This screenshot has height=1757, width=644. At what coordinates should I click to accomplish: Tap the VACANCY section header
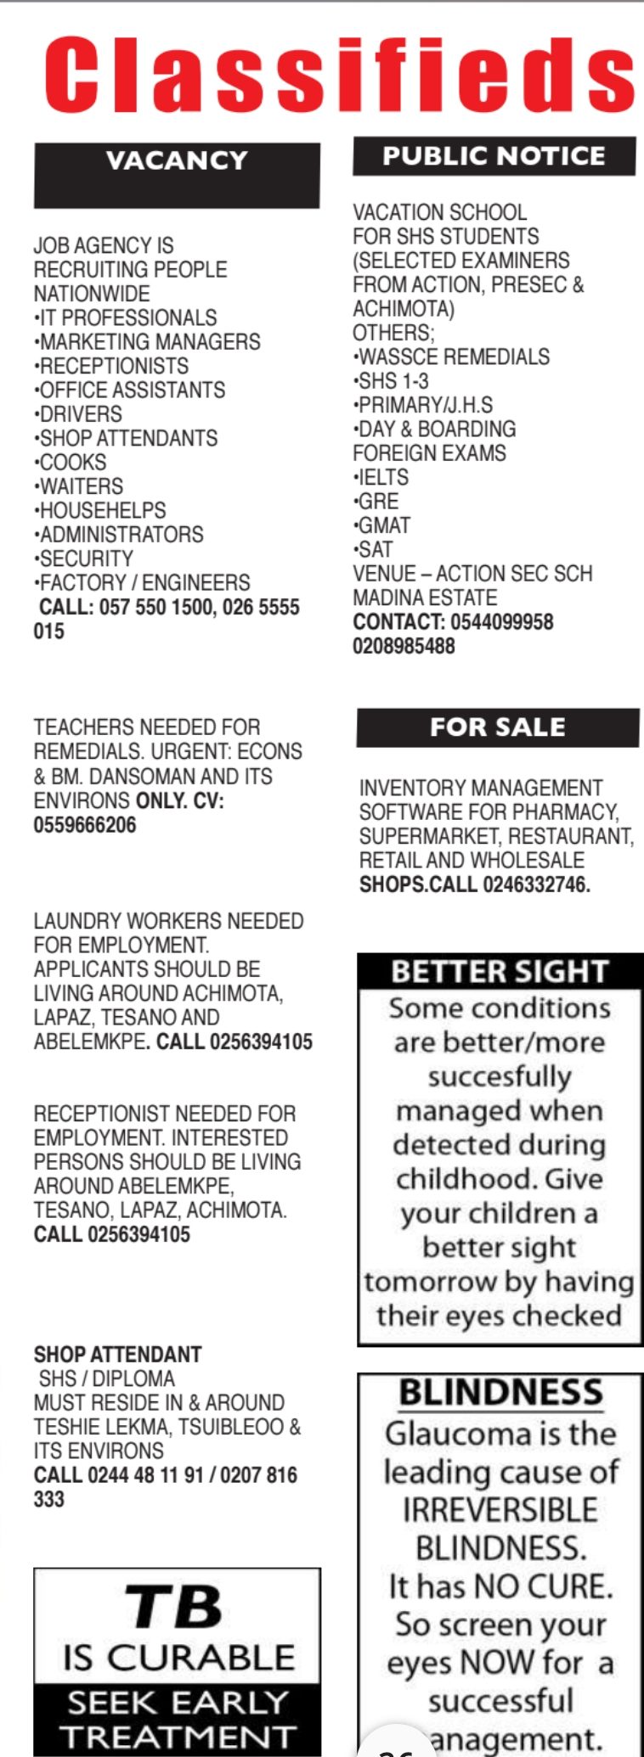coord(177,161)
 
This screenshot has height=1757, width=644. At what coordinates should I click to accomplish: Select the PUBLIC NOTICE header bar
coord(494,156)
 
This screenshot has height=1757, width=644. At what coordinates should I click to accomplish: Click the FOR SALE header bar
coord(497,727)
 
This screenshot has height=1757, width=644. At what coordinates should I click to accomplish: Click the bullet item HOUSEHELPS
coord(101,510)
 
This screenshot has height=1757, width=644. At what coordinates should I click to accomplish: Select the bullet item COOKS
coord(72,463)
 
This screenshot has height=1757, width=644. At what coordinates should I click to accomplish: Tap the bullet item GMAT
coord(383,525)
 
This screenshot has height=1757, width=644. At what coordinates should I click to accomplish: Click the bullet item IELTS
coord(382,477)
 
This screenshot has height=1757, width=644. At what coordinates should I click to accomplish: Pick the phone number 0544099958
coord(501,622)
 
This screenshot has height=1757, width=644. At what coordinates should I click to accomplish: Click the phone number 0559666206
coord(85,825)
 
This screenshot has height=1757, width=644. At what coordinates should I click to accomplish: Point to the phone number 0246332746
coord(536,884)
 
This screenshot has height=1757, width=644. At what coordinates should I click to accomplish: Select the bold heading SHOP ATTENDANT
coord(117,1355)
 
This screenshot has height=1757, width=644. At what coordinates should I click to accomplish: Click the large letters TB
coord(174,1608)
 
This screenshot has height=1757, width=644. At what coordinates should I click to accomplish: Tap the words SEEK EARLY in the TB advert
coord(178,1703)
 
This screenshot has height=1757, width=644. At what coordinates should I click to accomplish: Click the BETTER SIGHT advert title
coord(500,972)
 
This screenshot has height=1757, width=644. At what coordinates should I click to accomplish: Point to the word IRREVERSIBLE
coord(500,1510)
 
